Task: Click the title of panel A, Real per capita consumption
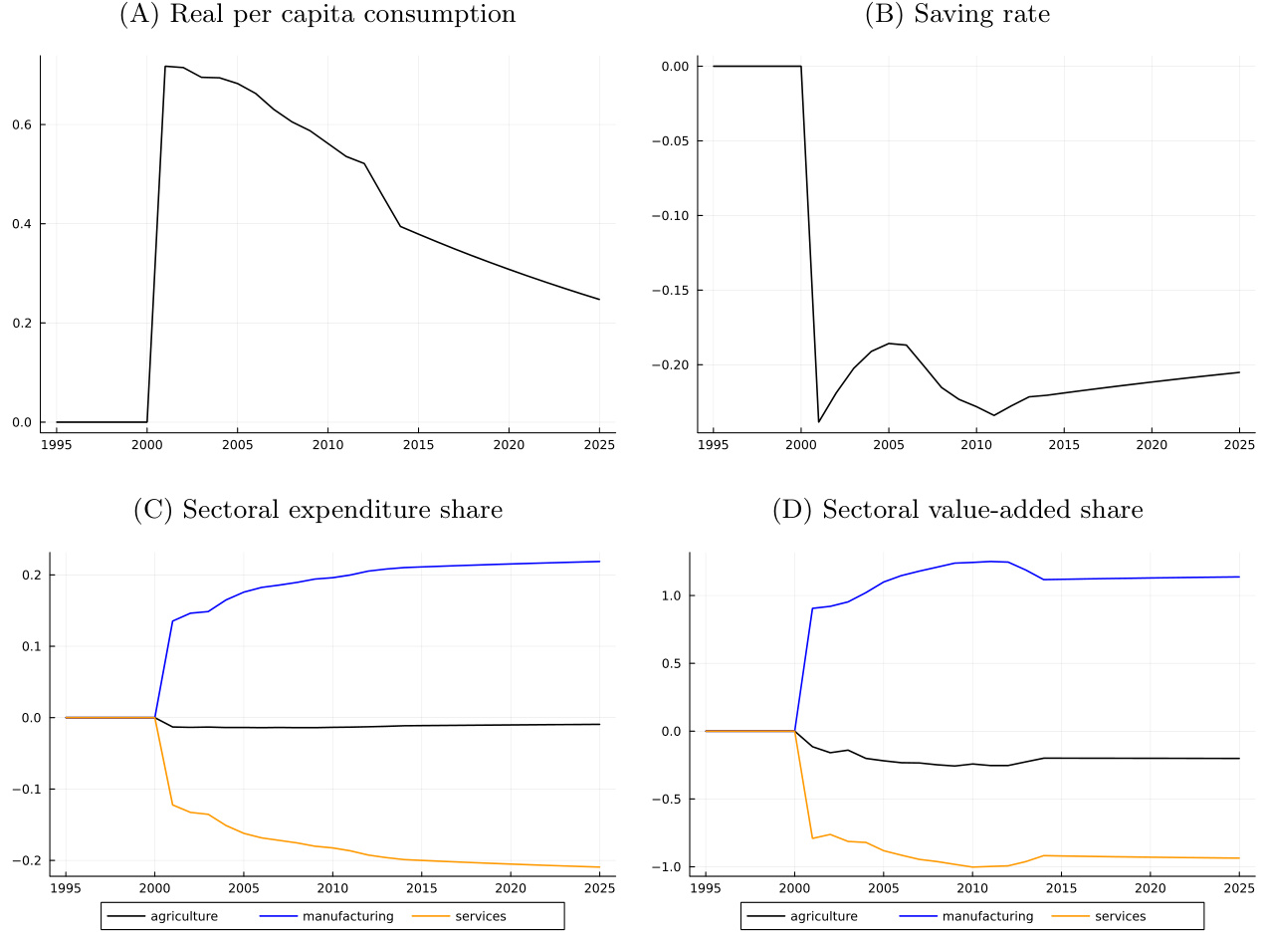317,15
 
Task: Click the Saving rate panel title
957,15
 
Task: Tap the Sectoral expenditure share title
317,510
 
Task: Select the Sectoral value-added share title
957,510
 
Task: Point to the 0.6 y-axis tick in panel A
22,124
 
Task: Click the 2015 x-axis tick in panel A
418,442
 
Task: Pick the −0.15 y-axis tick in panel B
678,291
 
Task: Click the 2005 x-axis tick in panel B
889,442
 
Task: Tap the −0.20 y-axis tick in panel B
678,365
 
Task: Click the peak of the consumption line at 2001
165,66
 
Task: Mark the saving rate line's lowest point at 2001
819,422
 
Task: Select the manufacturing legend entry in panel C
347,916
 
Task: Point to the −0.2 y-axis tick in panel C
27,860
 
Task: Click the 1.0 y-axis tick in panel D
672,595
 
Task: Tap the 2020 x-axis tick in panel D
1151,886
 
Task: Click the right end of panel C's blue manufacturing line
600,562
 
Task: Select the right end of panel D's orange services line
1239,858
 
